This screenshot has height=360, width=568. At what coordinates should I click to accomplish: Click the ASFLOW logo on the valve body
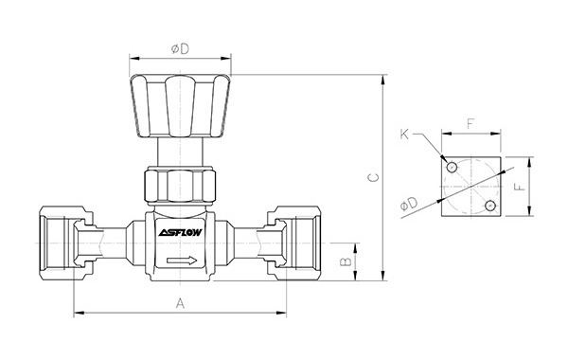click(x=180, y=232)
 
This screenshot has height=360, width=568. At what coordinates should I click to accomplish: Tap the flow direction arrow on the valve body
click(x=182, y=261)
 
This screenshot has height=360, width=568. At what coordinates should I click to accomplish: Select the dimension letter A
click(x=180, y=303)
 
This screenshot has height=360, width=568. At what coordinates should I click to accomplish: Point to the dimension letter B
click(x=346, y=261)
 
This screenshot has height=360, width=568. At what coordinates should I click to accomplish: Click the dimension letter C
click(x=374, y=177)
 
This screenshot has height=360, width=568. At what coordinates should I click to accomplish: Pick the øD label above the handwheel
click(x=180, y=49)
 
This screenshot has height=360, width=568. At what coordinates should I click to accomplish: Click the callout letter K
click(x=404, y=135)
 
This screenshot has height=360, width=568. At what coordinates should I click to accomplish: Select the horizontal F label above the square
click(x=470, y=124)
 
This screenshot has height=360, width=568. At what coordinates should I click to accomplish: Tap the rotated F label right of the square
click(x=520, y=187)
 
